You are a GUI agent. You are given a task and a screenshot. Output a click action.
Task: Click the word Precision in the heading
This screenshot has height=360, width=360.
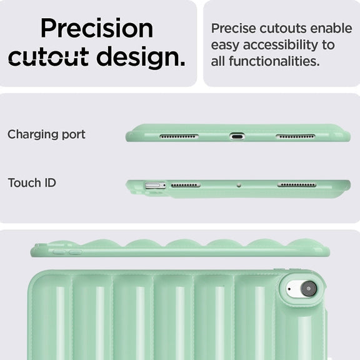pos(97,28)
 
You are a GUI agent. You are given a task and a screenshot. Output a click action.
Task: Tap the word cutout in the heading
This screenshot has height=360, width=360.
pos(49,56)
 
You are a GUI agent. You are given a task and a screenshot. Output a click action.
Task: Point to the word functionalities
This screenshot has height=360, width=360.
pos(274,61)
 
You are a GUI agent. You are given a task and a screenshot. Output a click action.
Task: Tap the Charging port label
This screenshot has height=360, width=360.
pos(46,134)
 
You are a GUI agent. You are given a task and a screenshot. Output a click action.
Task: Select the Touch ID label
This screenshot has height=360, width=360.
pos(32,182)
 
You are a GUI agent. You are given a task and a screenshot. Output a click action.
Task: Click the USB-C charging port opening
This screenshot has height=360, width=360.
pos(237,137)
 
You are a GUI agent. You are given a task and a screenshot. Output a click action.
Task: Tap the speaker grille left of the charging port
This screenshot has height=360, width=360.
pos(179,137)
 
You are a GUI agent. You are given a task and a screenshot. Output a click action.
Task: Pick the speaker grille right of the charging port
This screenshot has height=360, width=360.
pos(296,137)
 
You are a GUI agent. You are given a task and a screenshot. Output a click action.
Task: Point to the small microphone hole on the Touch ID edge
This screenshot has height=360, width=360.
pos(239,185)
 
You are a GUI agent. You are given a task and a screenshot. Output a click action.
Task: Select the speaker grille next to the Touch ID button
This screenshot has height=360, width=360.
pos(186,185)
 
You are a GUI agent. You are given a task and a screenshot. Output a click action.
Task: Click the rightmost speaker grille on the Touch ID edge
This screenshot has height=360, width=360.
pos(297,185)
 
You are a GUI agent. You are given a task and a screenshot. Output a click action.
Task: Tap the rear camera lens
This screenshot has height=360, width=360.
pos(309,288)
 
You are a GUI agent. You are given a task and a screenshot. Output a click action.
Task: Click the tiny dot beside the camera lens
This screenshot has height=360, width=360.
pos(289,289)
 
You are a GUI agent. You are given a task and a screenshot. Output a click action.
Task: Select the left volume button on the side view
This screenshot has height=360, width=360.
pos(59,252)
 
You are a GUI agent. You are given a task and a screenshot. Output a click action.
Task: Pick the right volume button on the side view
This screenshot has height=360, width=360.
pos(76,252)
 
